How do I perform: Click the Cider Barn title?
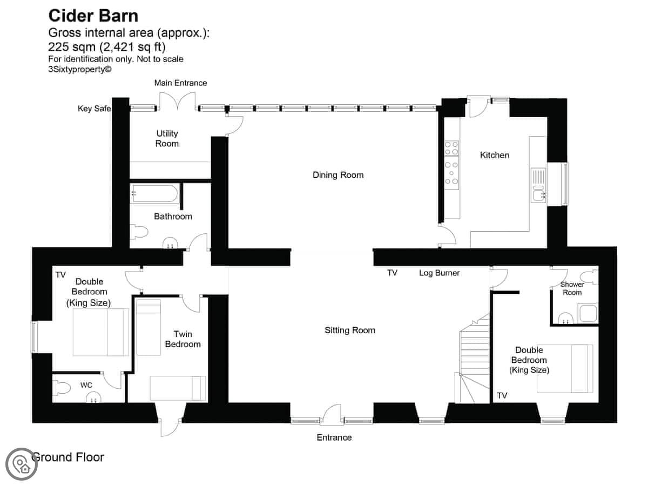(x=93, y=16)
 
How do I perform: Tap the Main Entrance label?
(x=180, y=83)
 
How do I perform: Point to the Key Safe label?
(x=94, y=109)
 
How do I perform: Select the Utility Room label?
(x=167, y=138)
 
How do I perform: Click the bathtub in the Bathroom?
(x=154, y=193)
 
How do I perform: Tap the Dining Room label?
(x=338, y=175)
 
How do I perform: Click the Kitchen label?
(x=495, y=155)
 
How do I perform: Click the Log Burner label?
(x=439, y=273)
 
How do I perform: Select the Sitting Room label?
(x=350, y=330)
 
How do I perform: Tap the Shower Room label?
(x=572, y=288)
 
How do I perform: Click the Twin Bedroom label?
(x=183, y=339)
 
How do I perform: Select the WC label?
(x=86, y=385)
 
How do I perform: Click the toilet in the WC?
(x=62, y=387)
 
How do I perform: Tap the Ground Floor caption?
(x=67, y=457)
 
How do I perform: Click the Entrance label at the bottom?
(x=334, y=437)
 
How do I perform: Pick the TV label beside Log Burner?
(x=392, y=273)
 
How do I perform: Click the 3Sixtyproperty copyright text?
(x=80, y=69)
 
